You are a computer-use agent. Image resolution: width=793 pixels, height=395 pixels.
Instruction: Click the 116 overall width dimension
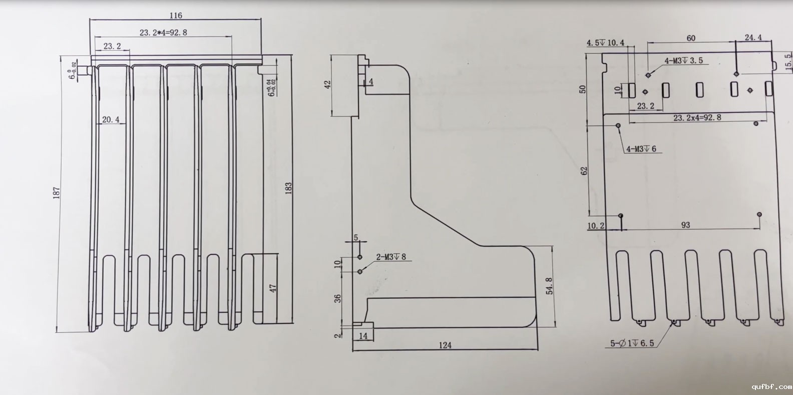pyautogui.click(x=176, y=16)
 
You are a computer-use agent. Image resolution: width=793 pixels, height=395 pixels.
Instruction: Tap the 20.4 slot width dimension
pyautogui.click(x=111, y=119)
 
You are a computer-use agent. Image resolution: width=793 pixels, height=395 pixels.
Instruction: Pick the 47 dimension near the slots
pyautogui.click(x=273, y=289)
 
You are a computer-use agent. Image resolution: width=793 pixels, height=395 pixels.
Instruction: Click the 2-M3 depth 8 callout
pyautogui.click(x=391, y=257)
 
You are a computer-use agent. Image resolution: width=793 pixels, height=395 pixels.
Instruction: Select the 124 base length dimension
pyautogui.click(x=445, y=345)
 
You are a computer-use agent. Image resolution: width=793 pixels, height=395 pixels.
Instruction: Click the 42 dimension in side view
pyautogui.click(x=328, y=84)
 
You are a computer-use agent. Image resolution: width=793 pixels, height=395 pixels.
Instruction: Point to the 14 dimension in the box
pyautogui.click(x=363, y=336)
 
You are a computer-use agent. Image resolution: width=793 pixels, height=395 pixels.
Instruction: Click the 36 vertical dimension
pyautogui.click(x=338, y=298)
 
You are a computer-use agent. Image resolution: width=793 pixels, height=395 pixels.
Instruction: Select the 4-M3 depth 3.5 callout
pyautogui.click(x=683, y=61)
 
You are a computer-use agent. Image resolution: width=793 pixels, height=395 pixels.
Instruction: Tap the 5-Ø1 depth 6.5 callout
pyautogui.click(x=631, y=344)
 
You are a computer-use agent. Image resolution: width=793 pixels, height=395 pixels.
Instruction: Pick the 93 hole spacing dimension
pyautogui.click(x=685, y=225)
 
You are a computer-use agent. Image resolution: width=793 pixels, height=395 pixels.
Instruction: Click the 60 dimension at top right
pyautogui.click(x=690, y=38)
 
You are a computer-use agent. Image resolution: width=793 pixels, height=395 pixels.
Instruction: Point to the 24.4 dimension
pyautogui.click(x=753, y=38)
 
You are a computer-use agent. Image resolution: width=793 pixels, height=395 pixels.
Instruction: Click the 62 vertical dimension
pyautogui.click(x=584, y=171)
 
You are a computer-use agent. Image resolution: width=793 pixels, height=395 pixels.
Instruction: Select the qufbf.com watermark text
pyautogui.click(x=771, y=386)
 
